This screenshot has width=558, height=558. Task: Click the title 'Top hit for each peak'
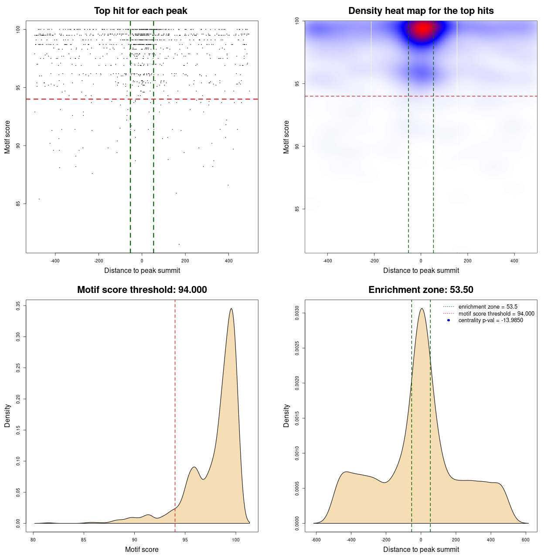pyautogui.click(x=141, y=11)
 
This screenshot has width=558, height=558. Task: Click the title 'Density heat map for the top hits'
pyautogui.click(x=421, y=11)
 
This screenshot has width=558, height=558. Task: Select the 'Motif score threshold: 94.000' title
pyautogui.click(x=142, y=290)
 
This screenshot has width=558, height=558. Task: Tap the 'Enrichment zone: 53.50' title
pyautogui.click(x=421, y=290)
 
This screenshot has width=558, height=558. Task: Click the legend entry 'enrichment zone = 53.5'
pyautogui.click(x=488, y=307)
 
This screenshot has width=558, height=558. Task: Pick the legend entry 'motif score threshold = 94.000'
pyautogui.click(x=496, y=314)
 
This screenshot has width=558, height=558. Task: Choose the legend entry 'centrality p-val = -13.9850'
pyautogui.click(x=490, y=320)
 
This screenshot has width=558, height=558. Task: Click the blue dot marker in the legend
pyautogui.click(x=449, y=320)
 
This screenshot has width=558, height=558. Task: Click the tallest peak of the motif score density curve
pyautogui.click(x=231, y=309)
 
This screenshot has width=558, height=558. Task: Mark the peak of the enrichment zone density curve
pyautogui.click(x=421, y=309)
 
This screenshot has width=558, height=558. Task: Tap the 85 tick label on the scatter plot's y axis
pyautogui.click(x=18, y=204)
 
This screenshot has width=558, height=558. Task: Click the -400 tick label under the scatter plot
pyautogui.click(x=55, y=261)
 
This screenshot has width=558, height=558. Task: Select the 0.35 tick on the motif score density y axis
pyautogui.click(x=18, y=306)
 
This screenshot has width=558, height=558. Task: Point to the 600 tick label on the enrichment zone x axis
pyautogui.click(x=525, y=540)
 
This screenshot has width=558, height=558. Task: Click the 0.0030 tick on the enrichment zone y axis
pyautogui.click(x=297, y=313)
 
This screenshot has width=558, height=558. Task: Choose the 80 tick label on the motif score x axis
pyautogui.click(x=34, y=540)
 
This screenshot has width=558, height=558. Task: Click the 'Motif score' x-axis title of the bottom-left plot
pyautogui.click(x=142, y=549)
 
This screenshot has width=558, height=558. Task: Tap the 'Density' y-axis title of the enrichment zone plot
pyautogui.click(x=286, y=415)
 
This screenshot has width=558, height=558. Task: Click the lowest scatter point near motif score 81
pyautogui.click(x=179, y=244)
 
